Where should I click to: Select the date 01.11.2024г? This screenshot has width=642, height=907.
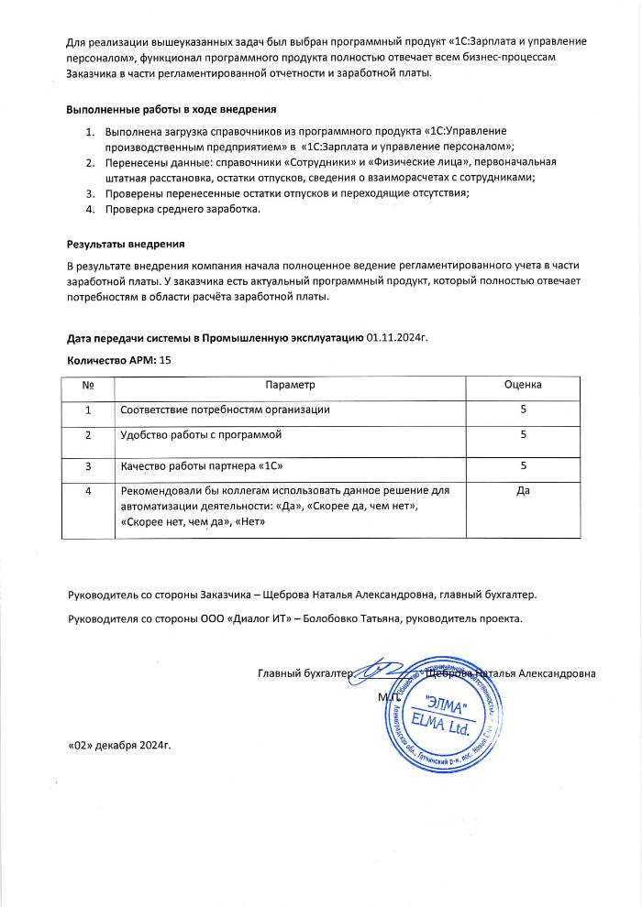point(398,338)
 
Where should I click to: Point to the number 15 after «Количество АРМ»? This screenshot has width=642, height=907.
point(166,360)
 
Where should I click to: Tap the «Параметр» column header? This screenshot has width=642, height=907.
point(290,386)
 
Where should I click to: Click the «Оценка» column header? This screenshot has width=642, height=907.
point(523,386)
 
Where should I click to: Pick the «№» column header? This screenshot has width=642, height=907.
point(89,386)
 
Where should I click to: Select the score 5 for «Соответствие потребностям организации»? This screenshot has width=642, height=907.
point(523,410)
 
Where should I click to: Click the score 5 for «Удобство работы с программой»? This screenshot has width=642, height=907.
point(523,436)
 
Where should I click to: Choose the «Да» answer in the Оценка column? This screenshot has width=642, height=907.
point(523,492)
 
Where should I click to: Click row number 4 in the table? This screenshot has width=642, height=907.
point(89,492)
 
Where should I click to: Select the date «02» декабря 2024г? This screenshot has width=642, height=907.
point(120,743)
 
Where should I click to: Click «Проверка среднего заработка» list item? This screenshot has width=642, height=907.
point(183,209)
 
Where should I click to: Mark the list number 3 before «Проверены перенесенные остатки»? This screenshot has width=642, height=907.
point(90,192)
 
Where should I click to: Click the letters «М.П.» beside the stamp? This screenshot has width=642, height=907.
point(387,697)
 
